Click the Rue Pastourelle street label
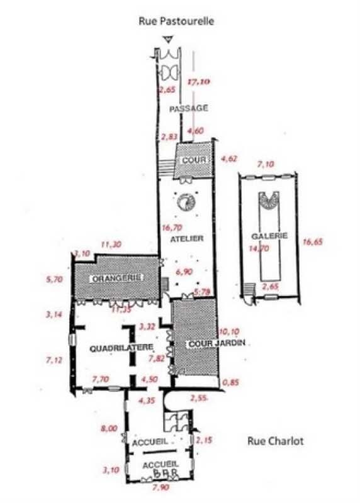[177, 21]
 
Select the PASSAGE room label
[189, 108]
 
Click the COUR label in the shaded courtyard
[194, 160]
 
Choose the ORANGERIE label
[115, 278]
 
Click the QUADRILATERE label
[113, 347]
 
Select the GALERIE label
[269, 236]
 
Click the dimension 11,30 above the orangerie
[110, 245]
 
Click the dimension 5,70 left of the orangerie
[55, 281]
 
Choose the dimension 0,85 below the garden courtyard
[233, 382]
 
